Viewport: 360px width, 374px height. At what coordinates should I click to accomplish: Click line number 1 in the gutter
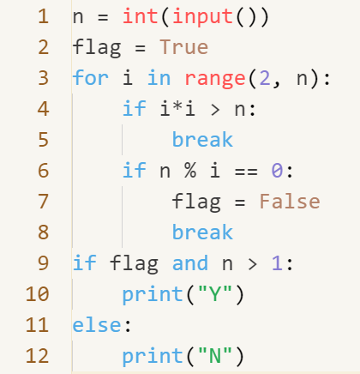pyautogui.click(x=43, y=16)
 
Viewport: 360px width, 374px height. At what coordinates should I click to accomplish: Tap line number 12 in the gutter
pyautogui.click(x=37, y=356)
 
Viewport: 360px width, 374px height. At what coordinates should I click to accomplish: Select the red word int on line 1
pyautogui.click(x=141, y=16)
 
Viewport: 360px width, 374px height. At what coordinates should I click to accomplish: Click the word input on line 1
pyautogui.click(x=202, y=17)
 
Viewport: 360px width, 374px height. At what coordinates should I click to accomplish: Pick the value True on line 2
pyautogui.click(x=184, y=47)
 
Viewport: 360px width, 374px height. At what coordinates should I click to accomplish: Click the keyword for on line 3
pyautogui.click(x=91, y=78)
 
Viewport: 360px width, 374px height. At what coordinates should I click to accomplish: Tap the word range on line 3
pyautogui.click(x=215, y=79)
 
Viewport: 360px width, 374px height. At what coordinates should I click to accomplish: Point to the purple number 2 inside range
pyautogui.click(x=265, y=78)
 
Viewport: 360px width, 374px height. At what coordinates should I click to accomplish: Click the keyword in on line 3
pyautogui.click(x=159, y=78)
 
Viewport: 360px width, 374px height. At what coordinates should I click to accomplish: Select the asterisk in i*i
pyautogui.click(x=177, y=107)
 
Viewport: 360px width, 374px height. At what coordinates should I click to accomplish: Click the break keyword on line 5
pyautogui.click(x=202, y=140)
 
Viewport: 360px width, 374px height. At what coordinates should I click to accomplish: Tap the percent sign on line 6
pyautogui.click(x=190, y=171)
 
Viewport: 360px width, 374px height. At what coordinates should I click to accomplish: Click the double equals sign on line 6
pyautogui.click(x=246, y=172)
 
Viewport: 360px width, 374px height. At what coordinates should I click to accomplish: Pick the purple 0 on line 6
pyautogui.click(x=277, y=171)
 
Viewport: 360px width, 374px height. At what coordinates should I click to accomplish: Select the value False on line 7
pyautogui.click(x=290, y=202)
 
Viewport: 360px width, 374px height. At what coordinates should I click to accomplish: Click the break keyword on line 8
pyautogui.click(x=202, y=232)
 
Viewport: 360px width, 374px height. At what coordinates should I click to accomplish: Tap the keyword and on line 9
pyautogui.click(x=190, y=263)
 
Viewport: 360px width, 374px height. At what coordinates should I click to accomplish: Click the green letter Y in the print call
pyautogui.click(x=215, y=294)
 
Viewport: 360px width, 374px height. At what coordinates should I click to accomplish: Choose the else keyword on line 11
pyautogui.click(x=97, y=325)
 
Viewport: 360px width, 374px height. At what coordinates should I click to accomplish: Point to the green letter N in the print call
pyautogui.click(x=215, y=356)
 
